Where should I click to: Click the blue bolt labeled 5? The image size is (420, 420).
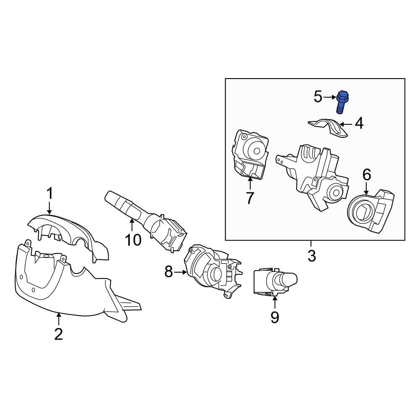(342, 101)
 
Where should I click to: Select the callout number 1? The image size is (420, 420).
(50, 194)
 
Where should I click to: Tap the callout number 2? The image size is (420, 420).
(58, 334)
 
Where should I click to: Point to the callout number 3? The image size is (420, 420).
(311, 256)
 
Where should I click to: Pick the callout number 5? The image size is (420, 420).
(318, 97)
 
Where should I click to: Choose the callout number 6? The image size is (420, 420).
(367, 174)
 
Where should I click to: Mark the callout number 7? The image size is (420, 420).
(250, 198)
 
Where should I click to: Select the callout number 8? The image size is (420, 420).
(168, 272)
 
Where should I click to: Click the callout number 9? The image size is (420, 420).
(274, 317)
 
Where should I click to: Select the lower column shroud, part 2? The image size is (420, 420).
(63, 286)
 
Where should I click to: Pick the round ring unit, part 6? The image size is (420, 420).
(370, 212)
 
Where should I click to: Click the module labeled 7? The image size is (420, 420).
(250, 155)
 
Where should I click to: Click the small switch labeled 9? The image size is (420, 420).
(273, 281)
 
